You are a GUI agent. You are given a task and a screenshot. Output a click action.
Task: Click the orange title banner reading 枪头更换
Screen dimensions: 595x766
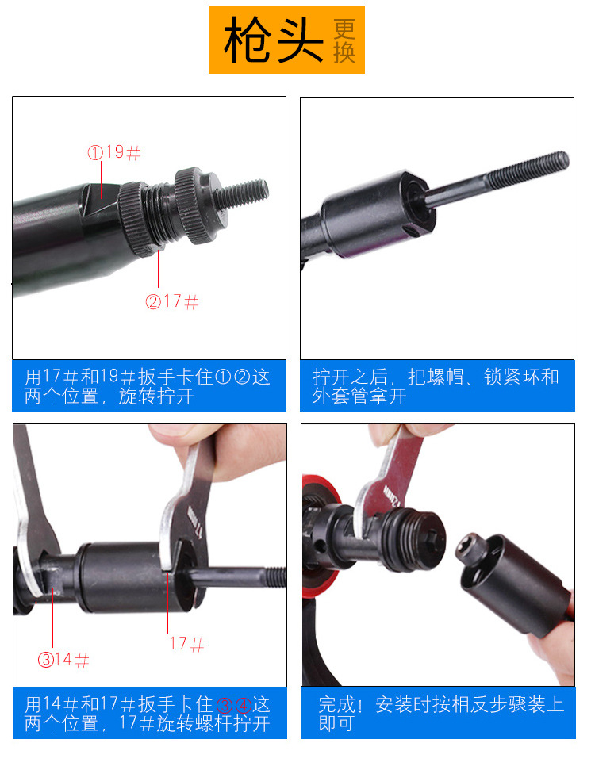point(286,40)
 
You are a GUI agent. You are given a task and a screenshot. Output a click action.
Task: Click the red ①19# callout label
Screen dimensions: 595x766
point(114,152)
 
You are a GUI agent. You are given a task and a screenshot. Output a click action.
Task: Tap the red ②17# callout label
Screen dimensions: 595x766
point(172,301)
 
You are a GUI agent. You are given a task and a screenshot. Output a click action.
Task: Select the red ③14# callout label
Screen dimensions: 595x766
point(63,660)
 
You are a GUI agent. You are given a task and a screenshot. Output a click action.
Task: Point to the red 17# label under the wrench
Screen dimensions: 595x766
point(186,644)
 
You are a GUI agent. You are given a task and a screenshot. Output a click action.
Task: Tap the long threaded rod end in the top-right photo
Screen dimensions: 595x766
point(528,169)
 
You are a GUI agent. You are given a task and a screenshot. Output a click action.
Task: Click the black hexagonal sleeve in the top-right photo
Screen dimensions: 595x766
point(377,213)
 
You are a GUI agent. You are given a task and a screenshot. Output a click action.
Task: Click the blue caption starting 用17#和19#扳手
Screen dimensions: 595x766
point(149,385)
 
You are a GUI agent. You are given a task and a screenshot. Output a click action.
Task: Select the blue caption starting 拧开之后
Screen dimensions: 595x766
point(437,385)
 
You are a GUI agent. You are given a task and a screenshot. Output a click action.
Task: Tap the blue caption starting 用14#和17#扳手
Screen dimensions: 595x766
point(150,713)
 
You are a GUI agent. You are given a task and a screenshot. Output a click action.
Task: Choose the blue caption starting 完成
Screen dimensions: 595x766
point(438,713)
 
